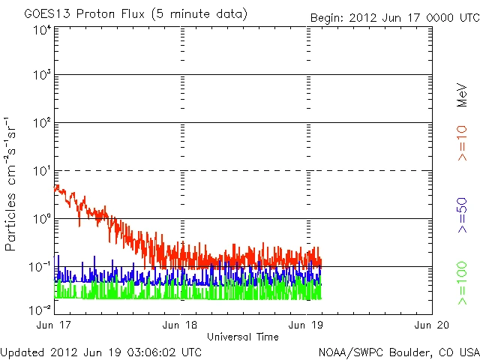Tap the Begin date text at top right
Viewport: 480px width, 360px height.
coord(394,16)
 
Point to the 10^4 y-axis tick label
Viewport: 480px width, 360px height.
coord(42,31)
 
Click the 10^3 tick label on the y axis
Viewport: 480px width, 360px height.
coord(42,76)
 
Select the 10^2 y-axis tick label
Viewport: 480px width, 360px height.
coord(42,124)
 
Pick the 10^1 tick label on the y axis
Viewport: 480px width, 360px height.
coord(42,172)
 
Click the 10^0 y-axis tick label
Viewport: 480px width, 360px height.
coord(42,220)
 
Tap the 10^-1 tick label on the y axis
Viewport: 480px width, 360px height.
coord(40,268)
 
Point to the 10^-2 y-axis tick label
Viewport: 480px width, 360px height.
coord(40,309)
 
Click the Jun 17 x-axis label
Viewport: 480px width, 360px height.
coord(50,325)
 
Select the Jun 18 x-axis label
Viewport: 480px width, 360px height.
coord(180,325)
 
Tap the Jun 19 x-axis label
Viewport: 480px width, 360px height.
coord(307,325)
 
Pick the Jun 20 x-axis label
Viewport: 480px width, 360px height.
coord(433,325)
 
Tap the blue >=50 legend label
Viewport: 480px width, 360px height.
coord(463,214)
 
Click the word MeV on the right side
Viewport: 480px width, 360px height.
coord(463,95)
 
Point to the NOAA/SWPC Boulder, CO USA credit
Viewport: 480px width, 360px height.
coord(398,351)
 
